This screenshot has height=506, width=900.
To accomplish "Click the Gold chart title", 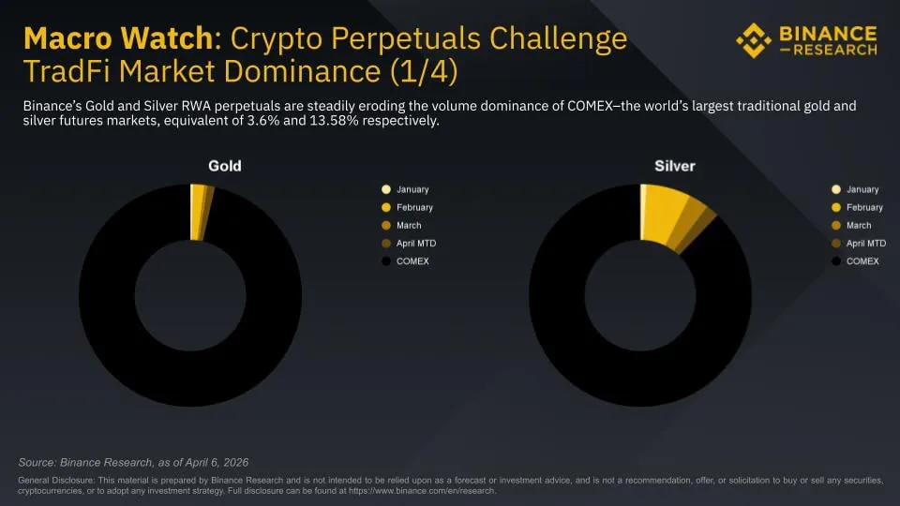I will pos(224,166).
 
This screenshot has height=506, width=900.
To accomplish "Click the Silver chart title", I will pos(674,166).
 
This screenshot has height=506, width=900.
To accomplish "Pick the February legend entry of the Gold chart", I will pos(413,207).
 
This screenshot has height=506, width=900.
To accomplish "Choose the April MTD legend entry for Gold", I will pos(415,244).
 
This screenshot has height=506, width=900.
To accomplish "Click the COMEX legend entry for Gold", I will pos(412,261).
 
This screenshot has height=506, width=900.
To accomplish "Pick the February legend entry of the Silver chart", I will pos(863,207).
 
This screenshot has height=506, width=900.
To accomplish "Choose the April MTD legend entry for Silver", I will pos(865,244).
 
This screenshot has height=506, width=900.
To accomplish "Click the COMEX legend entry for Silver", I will pos(862,261).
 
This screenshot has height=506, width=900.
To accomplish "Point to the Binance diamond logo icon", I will pos(753,39).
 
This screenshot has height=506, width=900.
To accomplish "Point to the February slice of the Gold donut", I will pos(198,212).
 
